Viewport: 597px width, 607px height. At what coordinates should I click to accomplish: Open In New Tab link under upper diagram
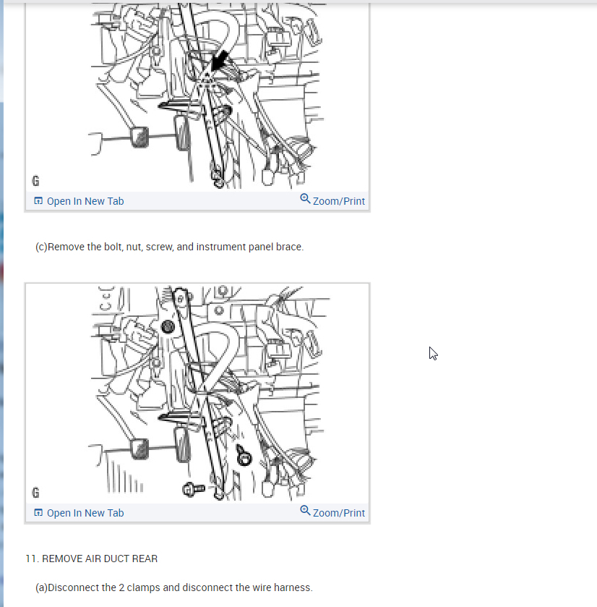85,201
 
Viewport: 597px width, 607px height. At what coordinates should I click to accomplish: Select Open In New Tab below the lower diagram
85,513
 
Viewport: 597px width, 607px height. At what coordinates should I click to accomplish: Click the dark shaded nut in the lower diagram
168,327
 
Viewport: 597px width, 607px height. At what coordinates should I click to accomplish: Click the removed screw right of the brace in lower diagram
244,455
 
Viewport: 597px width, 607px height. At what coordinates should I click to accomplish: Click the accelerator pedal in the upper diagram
181,133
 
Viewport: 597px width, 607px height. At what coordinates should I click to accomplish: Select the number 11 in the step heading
30,559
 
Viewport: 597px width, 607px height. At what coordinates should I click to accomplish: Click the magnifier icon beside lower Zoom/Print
305,511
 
